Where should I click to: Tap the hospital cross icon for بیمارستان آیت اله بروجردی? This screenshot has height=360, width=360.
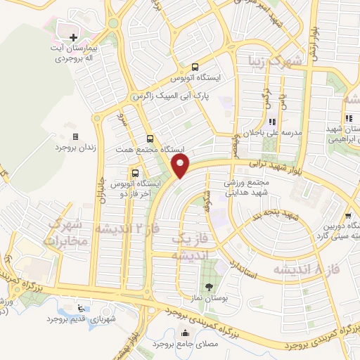tap(73, 35)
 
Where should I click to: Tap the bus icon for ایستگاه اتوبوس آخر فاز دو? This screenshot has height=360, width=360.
tap(134, 172)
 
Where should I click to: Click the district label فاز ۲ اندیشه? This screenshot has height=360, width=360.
tap(124, 230)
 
